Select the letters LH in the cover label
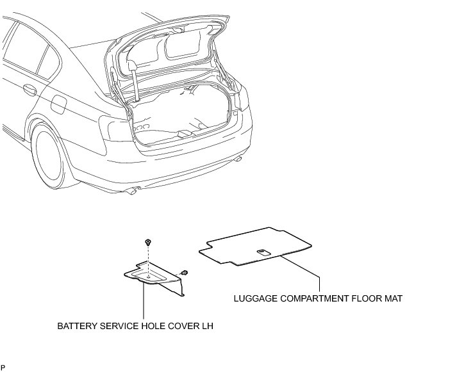[207, 326]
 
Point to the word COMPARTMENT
[315, 298]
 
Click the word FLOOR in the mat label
[369, 298]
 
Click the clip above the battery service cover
[148, 243]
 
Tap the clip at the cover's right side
[184, 273]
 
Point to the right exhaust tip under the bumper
[238, 158]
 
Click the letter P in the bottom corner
[3, 368]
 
